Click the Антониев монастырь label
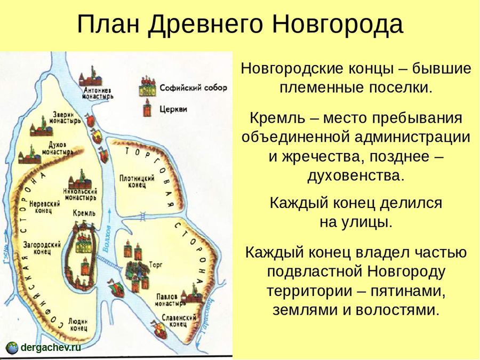coord(98,93)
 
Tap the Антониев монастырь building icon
coord(91,76)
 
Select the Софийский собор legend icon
coord(147,87)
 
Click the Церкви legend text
coord(173,109)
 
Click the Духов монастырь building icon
coord(30,156)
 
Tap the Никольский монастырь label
coord(80,195)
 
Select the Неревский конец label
coord(45,207)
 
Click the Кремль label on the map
coord(84,213)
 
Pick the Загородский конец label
coord(42,248)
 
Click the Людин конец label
coord(78,324)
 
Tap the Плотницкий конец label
coord(137,181)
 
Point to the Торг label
coord(156,265)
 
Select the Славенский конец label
coord(179,321)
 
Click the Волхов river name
coord(107,239)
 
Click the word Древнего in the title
coord(205,24)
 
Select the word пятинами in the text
coord(408,291)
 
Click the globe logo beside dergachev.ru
coord(12,348)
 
